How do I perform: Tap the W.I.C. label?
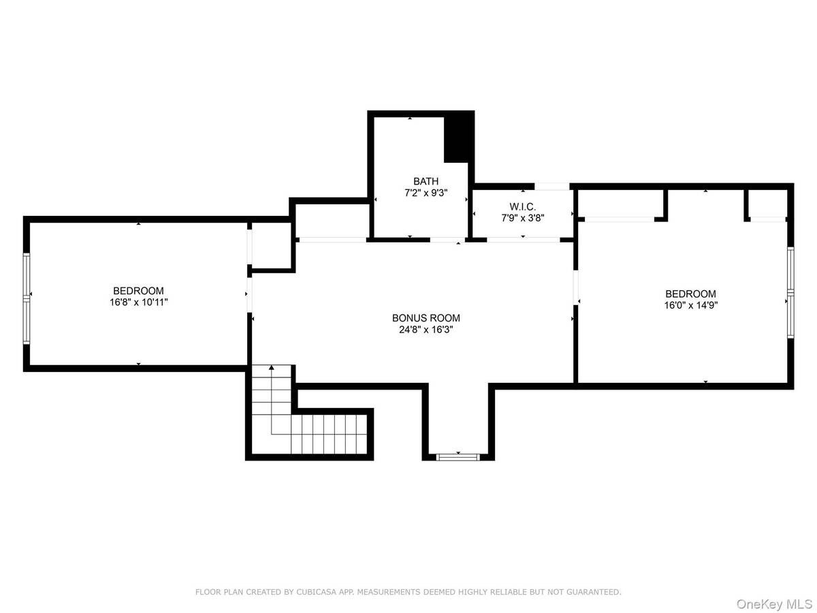[x=522, y=206]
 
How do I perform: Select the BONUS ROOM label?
[x=426, y=318]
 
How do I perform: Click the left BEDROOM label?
[x=138, y=291]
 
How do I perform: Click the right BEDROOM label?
[x=691, y=294]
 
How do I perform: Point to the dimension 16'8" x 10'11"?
[x=138, y=302]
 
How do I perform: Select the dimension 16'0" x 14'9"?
[x=691, y=305]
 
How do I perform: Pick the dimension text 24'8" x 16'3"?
[x=426, y=330]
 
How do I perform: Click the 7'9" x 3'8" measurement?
[x=522, y=217]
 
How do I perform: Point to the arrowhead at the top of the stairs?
[x=272, y=368]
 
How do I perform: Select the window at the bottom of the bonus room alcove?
[x=458, y=456]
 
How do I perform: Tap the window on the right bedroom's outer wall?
[x=790, y=292]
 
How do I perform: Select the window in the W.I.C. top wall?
[x=551, y=186]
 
